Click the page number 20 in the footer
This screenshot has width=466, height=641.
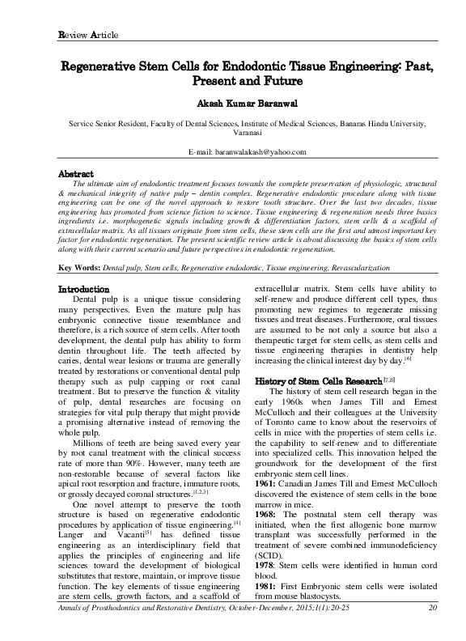(x=433, y=629)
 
